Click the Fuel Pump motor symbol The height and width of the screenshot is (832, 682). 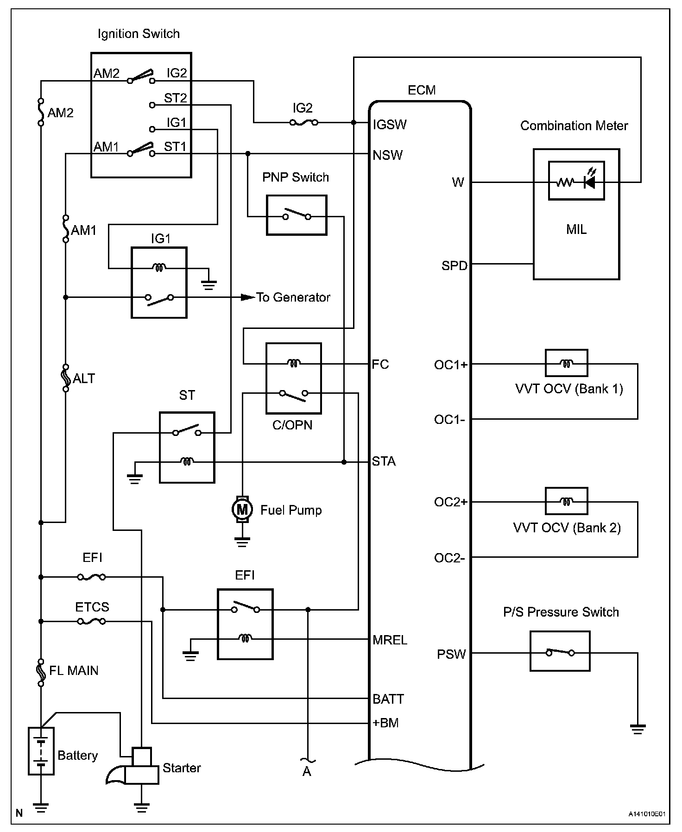[x=242, y=510]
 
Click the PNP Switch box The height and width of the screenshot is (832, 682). [x=297, y=215]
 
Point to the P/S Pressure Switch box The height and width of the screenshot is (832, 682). [x=560, y=651]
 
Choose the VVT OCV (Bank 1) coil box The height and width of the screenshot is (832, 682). [x=566, y=363]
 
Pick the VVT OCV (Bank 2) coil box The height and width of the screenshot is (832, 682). [x=566, y=501]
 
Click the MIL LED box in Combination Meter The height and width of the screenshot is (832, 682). [x=576, y=181]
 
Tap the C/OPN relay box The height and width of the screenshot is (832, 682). [x=293, y=378]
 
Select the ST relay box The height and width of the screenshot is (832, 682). [x=187, y=447]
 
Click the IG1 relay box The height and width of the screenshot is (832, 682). [x=159, y=282]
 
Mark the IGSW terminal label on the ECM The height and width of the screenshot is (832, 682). [x=390, y=125]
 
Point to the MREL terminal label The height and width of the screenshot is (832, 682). [x=390, y=640]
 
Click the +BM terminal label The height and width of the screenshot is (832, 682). [x=386, y=723]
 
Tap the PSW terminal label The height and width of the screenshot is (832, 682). [x=451, y=654]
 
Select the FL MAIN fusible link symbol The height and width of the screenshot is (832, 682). [x=41, y=672]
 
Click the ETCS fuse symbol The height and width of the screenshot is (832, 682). [x=91, y=621]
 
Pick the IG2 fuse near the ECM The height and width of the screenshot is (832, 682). [x=303, y=123]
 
